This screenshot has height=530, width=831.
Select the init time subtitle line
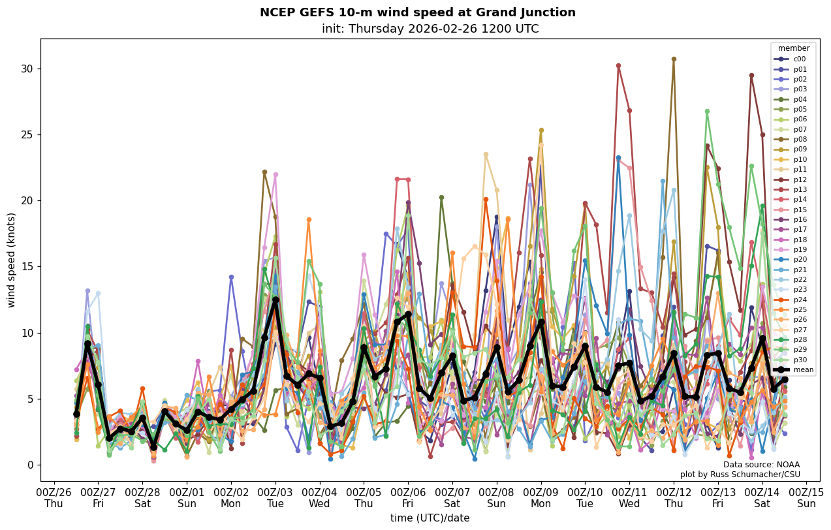(430, 29)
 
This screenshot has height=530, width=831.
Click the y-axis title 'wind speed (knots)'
(11, 260)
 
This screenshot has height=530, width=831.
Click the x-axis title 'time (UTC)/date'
(430, 518)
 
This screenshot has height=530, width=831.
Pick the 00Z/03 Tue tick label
(275, 497)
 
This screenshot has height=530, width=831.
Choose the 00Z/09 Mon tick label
(541, 497)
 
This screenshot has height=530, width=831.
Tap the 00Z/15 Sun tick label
(807, 497)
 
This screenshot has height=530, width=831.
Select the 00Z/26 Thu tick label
(54, 497)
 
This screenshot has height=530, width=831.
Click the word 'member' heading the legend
(793, 48)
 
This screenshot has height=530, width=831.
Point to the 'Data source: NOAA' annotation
(761, 465)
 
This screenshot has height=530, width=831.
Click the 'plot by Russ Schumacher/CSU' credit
(740, 475)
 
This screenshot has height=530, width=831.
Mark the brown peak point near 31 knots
(674, 59)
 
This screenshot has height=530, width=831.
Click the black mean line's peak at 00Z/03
(275, 300)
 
